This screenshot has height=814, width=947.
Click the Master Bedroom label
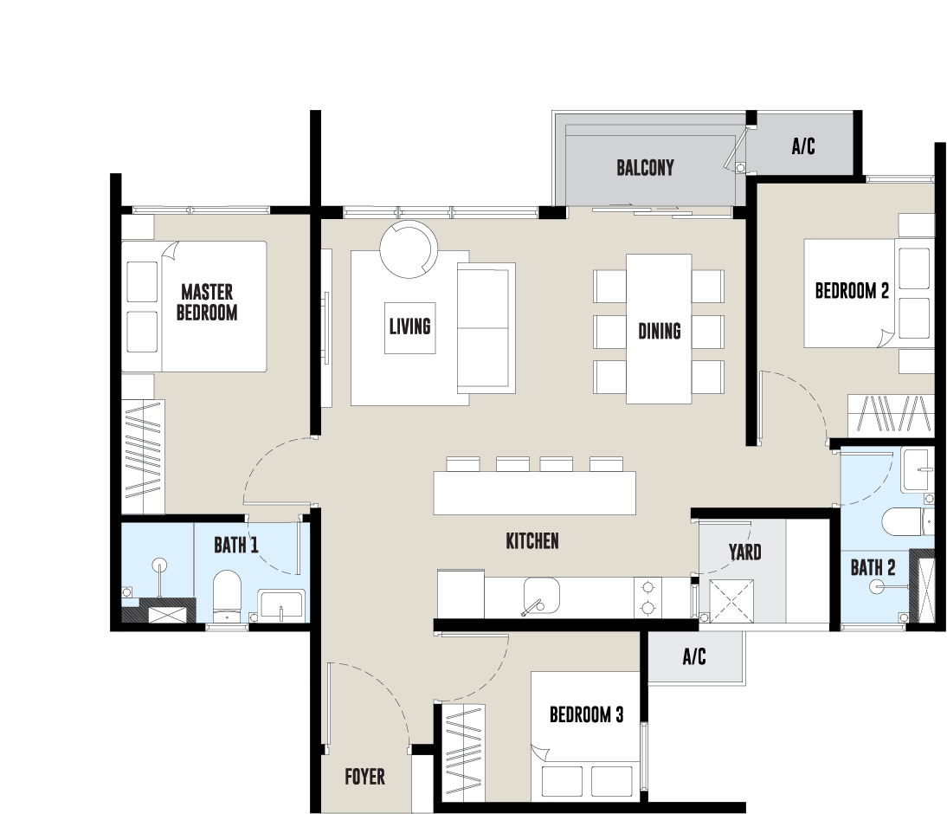click(x=207, y=302)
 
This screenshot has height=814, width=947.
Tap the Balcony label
click(x=645, y=167)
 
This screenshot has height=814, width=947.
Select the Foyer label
click(x=364, y=777)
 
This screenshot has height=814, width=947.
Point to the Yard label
click(x=744, y=552)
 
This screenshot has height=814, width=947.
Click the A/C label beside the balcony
click(x=803, y=145)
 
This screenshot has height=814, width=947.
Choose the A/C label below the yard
click(x=694, y=656)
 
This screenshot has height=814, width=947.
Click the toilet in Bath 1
click(x=227, y=596)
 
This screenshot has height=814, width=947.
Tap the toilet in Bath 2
click(x=902, y=521)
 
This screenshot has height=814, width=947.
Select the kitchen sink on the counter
click(x=541, y=596)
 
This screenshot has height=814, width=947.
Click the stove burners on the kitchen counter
click(x=648, y=597)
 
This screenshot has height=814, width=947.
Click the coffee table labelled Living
click(x=410, y=327)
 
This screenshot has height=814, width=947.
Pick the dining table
click(x=659, y=329)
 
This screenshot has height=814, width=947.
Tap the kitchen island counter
click(x=534, y=493)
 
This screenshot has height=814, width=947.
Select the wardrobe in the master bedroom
click(x=143, y=457)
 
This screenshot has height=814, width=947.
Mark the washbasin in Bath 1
click(x=280, y=605)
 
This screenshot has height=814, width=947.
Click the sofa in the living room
click(x=486, y=328)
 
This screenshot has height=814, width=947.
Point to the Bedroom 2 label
click(x=852, y=291)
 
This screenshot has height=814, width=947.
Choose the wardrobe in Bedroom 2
click(x=891, y=415)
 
